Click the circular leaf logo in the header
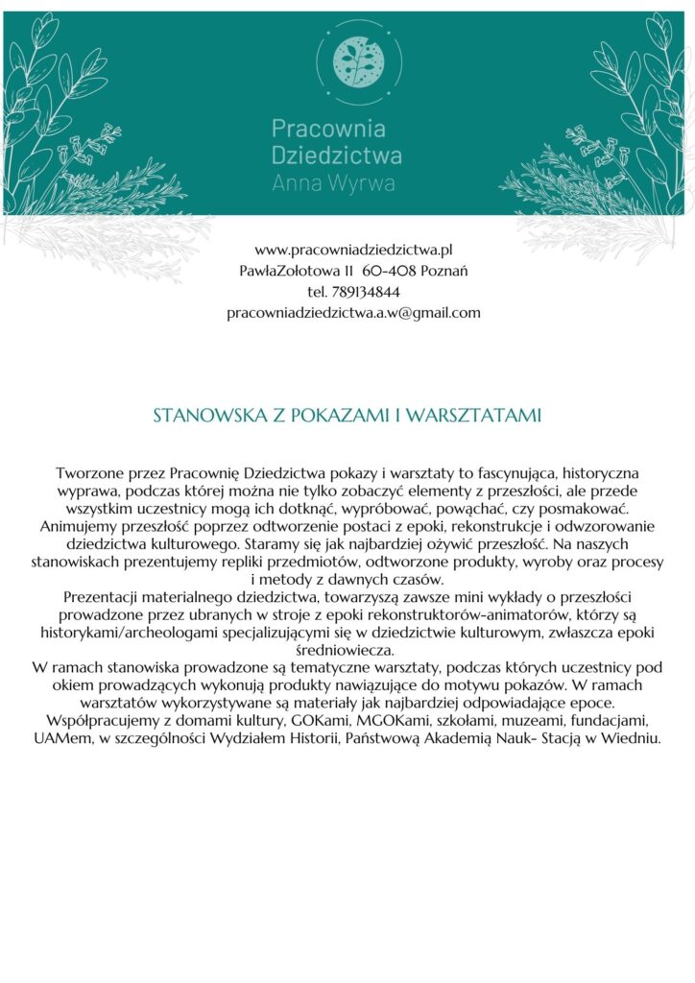coord(351,60)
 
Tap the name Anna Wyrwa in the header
coord(333,183)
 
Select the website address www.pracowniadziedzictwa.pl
coord(353,250)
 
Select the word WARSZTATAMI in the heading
coord(473,417)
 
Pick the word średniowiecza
coord(348,650)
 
